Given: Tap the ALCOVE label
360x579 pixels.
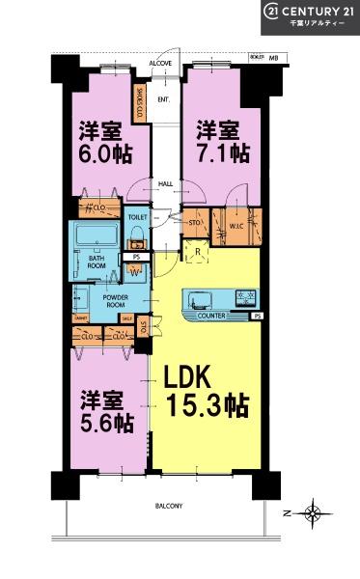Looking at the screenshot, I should click(161, 63).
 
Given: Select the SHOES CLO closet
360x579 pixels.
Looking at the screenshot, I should click(140, 102).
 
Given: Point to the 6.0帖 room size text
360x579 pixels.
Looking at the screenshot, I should click(100, 153).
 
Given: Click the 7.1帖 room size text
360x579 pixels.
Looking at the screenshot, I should click(223, 153).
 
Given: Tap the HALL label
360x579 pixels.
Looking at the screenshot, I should click(165, 183).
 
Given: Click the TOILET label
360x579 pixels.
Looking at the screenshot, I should click(137, 218).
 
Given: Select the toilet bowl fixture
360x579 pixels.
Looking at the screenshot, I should click(137, 237).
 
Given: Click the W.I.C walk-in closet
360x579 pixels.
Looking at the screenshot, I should click(236, 228).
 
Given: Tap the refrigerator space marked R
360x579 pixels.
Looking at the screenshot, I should click(197, 254).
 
